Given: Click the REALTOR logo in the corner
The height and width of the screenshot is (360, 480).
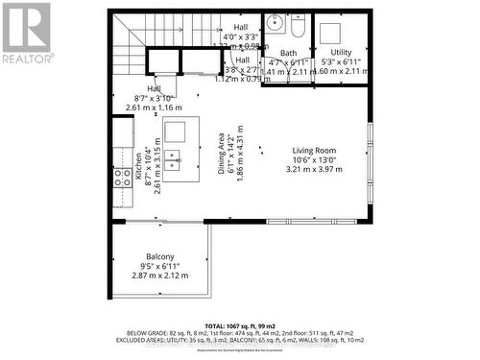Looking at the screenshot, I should click(x=26, y=34).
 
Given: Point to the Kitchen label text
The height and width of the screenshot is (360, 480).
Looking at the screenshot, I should click(x=137, y=173).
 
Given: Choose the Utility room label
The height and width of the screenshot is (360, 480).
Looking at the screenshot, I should click(x=341, y=52).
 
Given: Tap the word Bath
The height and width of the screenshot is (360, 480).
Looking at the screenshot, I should click(x=289, y=53).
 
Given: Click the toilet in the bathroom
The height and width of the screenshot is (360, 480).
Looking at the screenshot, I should click(x=298, y=21).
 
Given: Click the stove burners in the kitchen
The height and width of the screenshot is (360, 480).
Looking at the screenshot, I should click(x=123, y=177).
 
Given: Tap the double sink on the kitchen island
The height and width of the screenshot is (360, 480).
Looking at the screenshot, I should click(x=174, y=159).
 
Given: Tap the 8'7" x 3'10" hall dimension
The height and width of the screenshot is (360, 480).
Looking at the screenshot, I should click(x=153, y=99).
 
